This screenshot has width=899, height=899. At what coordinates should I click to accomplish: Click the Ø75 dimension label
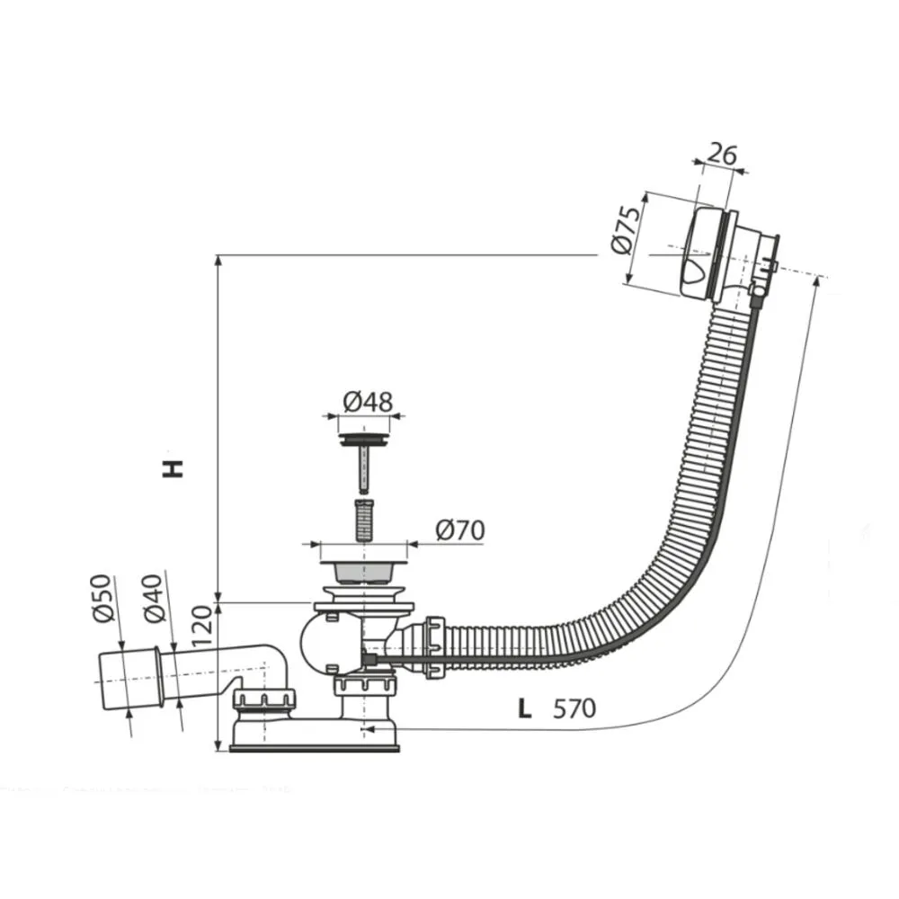625,229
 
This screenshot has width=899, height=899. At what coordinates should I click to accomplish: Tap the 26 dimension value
722,155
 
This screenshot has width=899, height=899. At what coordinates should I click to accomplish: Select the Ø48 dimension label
368,401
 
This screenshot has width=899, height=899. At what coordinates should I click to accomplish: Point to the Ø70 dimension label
459,530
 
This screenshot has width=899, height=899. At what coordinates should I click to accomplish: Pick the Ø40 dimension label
154,598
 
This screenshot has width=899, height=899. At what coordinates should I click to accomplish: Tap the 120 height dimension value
201,626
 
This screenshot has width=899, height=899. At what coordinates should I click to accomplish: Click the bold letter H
173,467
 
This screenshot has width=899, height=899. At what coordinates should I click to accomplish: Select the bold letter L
525,708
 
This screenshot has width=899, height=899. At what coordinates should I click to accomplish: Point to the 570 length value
574,708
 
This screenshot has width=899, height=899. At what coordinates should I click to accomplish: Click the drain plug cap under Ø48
364,440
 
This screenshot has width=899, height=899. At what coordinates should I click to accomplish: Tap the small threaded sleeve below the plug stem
363,520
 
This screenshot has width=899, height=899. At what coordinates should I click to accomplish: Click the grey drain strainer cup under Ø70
363,572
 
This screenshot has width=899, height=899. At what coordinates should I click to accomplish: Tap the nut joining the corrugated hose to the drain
434,648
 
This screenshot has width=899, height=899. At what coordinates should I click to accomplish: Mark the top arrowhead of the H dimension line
218,261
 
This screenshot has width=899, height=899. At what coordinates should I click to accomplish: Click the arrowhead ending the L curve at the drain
369,729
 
